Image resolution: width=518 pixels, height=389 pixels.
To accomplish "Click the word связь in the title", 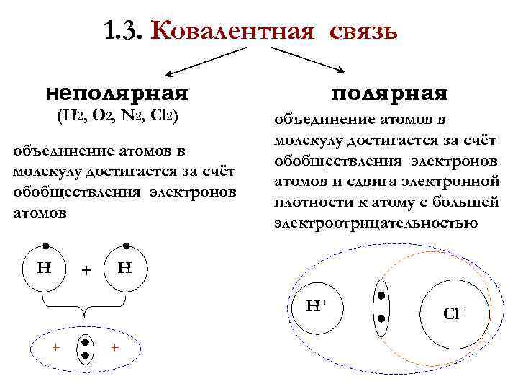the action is coord(364,31).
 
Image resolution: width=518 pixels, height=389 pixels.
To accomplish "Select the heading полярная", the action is coord(389,93).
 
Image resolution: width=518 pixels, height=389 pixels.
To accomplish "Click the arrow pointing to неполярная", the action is coord(205,61).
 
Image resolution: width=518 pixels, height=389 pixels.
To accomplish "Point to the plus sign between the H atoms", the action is coord(86,271).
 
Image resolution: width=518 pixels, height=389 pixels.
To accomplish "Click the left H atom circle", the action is coord(45,270).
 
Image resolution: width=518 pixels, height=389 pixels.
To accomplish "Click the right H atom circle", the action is coord(126,270).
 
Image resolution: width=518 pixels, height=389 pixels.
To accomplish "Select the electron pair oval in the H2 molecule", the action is coord(85,349).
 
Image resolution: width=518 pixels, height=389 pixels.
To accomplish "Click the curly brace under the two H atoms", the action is coord(86,306).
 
